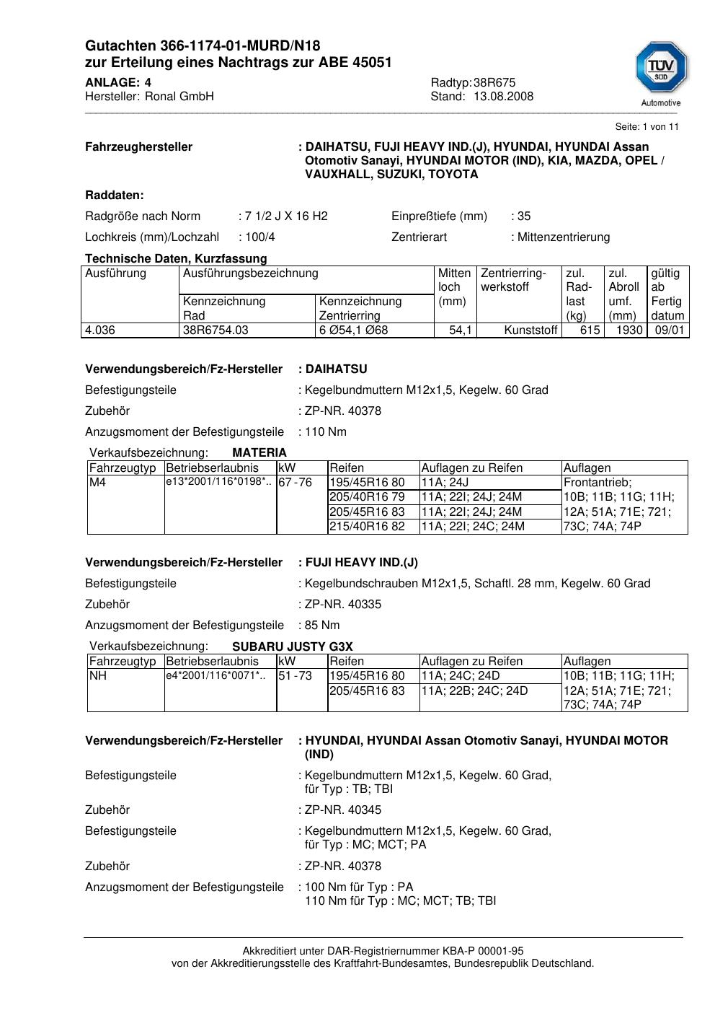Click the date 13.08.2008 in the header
503,97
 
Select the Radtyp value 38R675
494,83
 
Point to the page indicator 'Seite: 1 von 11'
647,127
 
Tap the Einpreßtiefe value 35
523,216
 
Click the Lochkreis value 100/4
259,237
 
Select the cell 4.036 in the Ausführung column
100,330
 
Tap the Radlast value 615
590,330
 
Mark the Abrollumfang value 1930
629,330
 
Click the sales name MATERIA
259,453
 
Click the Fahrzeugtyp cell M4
97,483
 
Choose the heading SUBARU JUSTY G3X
293,646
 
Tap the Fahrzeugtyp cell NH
97,676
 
